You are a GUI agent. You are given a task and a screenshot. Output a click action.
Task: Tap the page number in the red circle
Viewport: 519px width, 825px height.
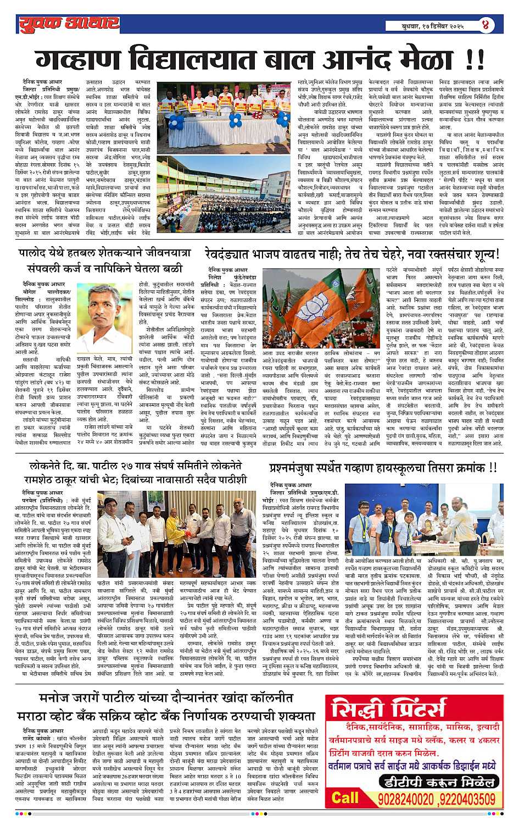[x=485, y=25]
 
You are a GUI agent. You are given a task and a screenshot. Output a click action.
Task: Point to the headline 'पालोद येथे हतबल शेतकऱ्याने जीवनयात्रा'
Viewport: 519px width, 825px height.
[x=104, y=253]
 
